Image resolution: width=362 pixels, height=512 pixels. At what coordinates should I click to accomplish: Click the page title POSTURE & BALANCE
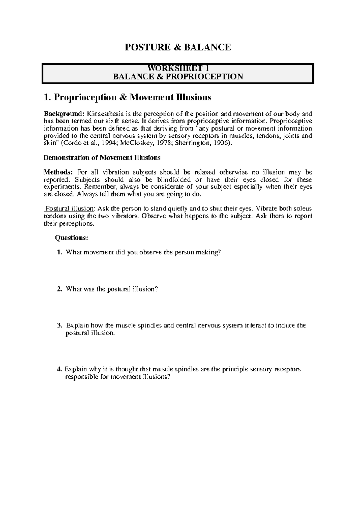(178, 47)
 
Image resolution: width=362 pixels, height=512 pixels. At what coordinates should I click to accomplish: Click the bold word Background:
(64, 114)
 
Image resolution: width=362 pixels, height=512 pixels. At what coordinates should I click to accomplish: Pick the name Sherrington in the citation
(194, 143)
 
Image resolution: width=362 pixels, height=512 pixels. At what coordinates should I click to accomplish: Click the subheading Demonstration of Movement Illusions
(102, 158)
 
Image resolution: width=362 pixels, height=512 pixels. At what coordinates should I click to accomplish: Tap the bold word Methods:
(58, 172)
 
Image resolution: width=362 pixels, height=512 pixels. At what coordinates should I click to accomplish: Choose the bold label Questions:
(71, 238)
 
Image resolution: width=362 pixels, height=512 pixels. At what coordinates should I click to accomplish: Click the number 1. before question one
(59, 252)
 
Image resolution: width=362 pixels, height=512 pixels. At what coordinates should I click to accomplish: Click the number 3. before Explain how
(59, 325)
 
